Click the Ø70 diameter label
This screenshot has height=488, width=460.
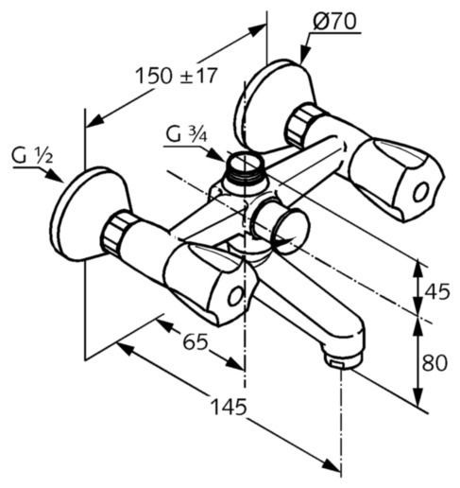[335, 22]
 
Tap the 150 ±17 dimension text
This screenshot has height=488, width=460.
[177, 76]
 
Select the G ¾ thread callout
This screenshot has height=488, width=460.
[186, 134]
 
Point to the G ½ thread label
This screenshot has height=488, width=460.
[32, 156]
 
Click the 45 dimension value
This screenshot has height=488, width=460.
[437, 291]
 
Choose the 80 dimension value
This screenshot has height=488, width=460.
[434, 362]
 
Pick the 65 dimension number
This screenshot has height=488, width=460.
[196, 341]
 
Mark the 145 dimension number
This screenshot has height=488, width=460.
[229, 407]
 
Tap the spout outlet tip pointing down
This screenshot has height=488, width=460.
[344, 360]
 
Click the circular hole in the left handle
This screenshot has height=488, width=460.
[235, 296]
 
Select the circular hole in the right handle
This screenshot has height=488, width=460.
[420, 192]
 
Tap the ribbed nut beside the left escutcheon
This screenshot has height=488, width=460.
[117, 232]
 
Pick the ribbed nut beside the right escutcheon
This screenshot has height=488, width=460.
[303, 126]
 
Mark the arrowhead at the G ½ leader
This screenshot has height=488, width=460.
[54, 176]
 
